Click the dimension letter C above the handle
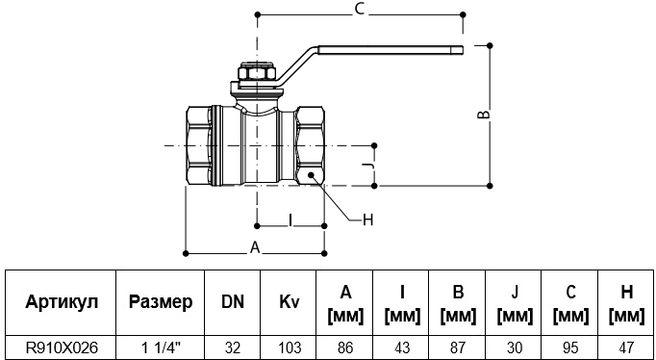pos(360,10)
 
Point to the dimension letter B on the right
pos(484,115)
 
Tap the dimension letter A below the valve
pos(255,247)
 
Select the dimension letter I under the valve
pos(290,219)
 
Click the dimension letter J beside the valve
pos(367,167)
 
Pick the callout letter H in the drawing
pos(367,219)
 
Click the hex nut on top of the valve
pos(257,72)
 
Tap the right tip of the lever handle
pos(463,50)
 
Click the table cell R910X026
pos(62,347)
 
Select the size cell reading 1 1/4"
pos(161,347)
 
